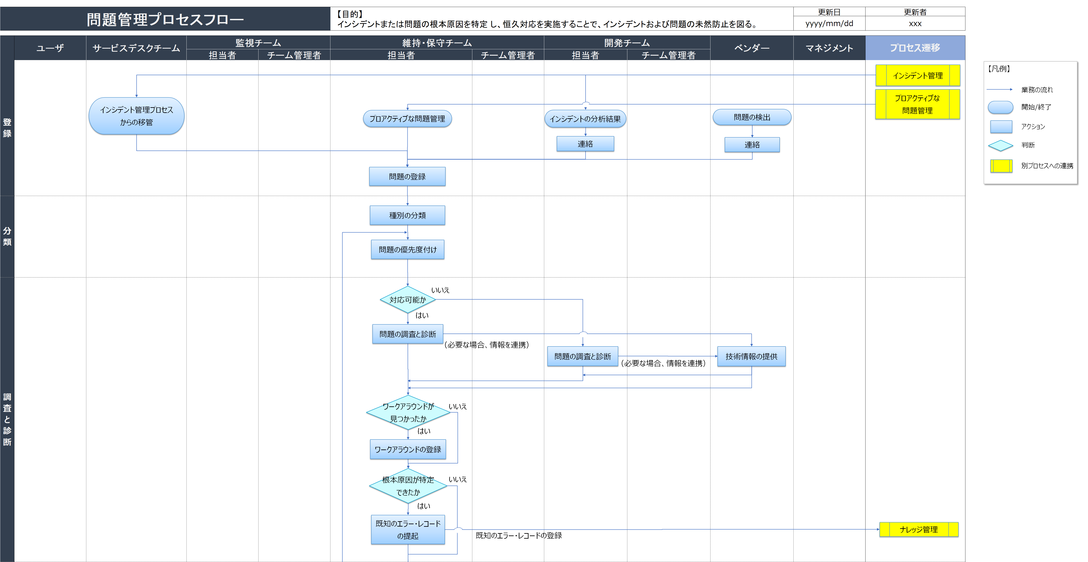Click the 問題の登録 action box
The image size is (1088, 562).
click(407, 176)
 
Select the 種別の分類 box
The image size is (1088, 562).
click(407, 215)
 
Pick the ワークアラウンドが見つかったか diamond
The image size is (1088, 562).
click(408, 412)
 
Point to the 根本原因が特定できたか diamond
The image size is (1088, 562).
click(408, 486)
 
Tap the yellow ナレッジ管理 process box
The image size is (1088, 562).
click(919, 530)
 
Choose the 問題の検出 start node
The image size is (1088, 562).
click(752, 117)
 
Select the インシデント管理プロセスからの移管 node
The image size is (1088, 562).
click(136, 116)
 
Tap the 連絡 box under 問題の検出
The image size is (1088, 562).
click(752, 145)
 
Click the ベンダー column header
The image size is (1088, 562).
click(752, 48)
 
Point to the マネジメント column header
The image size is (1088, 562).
click(829, 48)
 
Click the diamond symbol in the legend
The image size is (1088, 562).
click(1001, 145)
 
